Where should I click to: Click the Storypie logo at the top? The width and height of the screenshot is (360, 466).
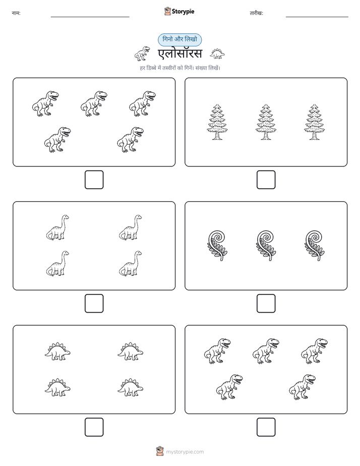179,11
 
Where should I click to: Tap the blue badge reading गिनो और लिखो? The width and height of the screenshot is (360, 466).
179,39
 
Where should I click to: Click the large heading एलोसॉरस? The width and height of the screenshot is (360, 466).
179,53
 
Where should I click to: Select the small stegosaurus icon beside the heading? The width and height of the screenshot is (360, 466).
217,53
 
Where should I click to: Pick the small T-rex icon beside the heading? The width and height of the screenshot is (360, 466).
142,53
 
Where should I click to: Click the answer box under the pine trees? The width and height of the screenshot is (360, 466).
266,180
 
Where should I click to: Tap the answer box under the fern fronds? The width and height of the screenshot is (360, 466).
266,303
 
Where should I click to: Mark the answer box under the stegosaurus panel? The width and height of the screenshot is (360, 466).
94,427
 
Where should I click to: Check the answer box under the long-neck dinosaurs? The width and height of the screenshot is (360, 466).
94,303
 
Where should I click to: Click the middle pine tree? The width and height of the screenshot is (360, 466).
266,122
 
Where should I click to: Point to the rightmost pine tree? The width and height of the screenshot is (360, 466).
314,122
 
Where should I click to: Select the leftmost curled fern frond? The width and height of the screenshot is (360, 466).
217,246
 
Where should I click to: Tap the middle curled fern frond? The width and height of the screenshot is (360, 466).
266,246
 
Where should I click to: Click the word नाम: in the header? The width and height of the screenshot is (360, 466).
16,13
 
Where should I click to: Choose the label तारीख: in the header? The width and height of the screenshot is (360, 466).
256,13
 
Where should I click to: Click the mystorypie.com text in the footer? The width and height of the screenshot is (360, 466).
185,452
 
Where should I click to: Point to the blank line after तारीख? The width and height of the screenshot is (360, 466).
317,17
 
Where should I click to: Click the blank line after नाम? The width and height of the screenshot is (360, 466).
90,17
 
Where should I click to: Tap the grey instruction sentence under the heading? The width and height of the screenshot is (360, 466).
180,68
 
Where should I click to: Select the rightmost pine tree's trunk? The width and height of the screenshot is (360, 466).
314,136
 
